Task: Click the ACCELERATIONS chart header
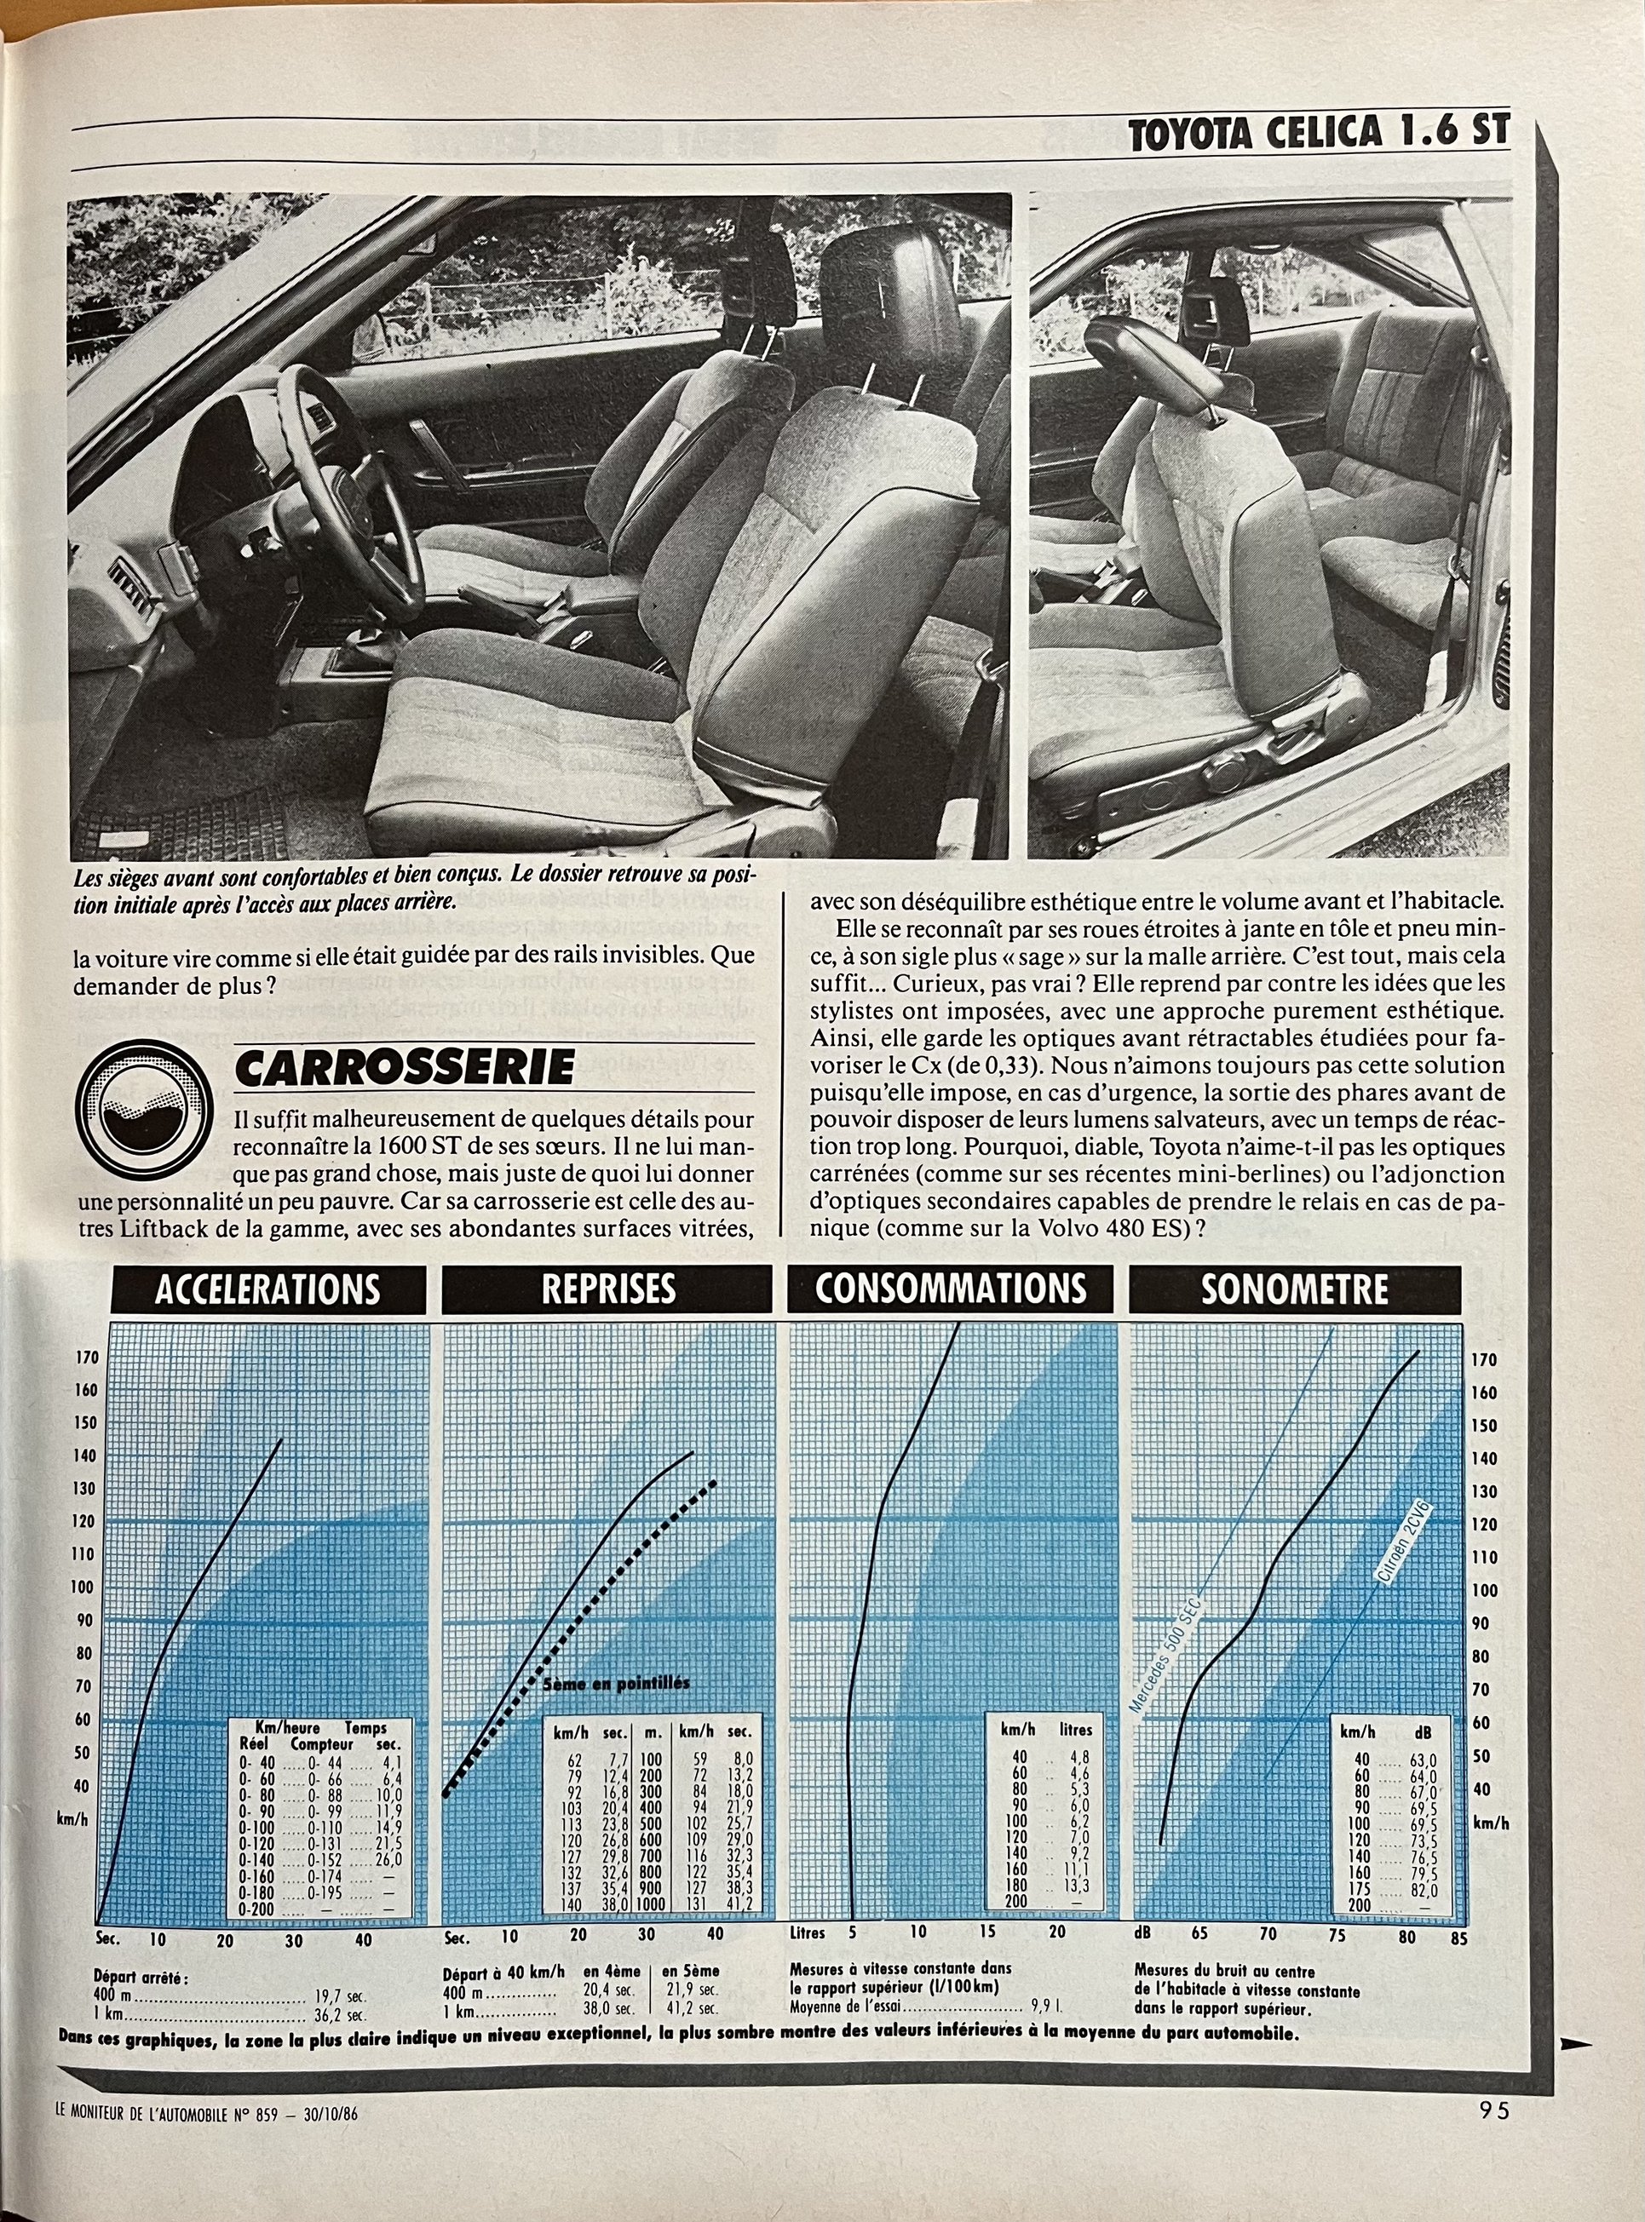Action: coord(267,1289)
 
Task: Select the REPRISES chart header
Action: coord(607,1289)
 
